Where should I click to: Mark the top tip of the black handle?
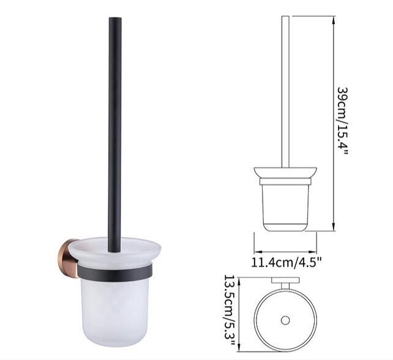point(113,20)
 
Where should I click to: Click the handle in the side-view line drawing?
point(285,92)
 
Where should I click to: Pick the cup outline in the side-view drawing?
point(285,208)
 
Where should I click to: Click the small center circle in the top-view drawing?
point(284,321)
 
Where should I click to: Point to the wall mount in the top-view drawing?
point(284,283)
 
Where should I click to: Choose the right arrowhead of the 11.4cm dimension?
point(313,251)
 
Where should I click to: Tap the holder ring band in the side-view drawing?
point(285,181)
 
